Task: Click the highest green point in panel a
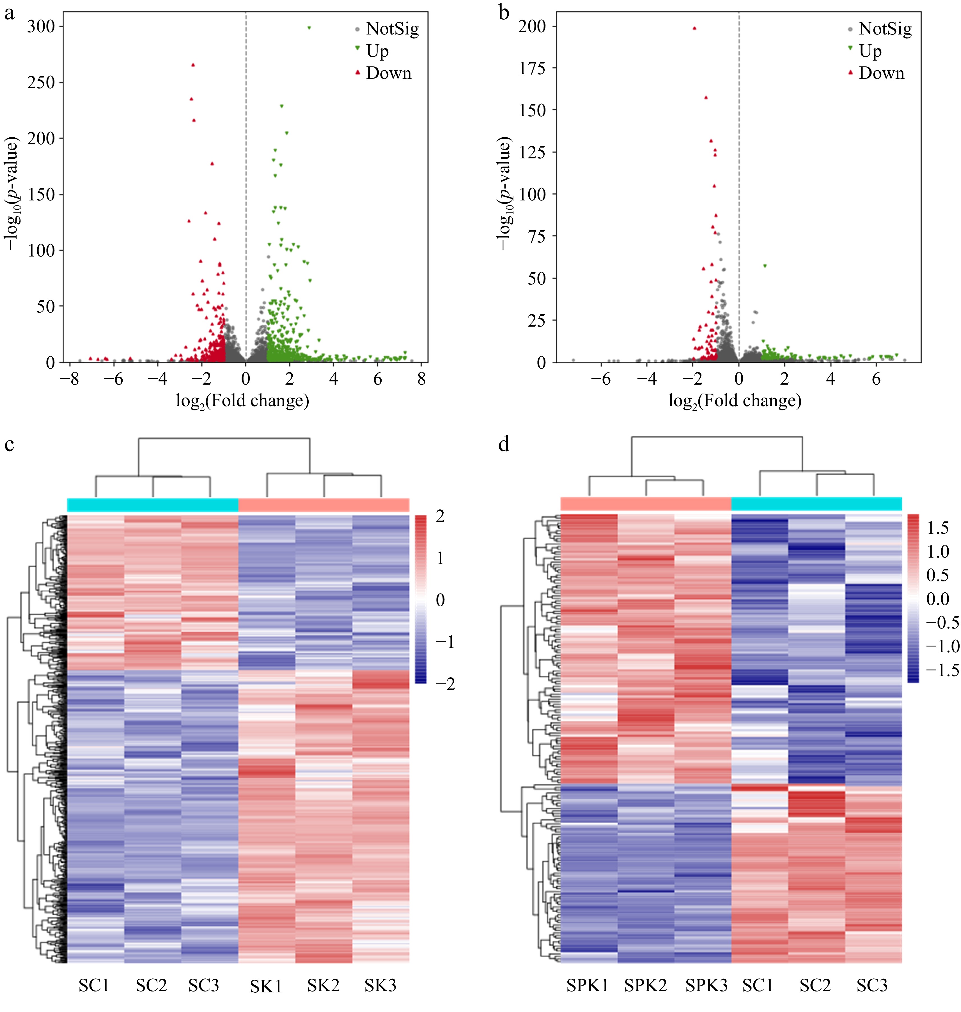coord(309,28)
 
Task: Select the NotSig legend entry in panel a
coord(392,29)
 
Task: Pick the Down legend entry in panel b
coord(881,73)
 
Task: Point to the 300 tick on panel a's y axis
coord(41,27)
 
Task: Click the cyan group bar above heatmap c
coord(153,505)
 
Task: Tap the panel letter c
coord(9,444)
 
